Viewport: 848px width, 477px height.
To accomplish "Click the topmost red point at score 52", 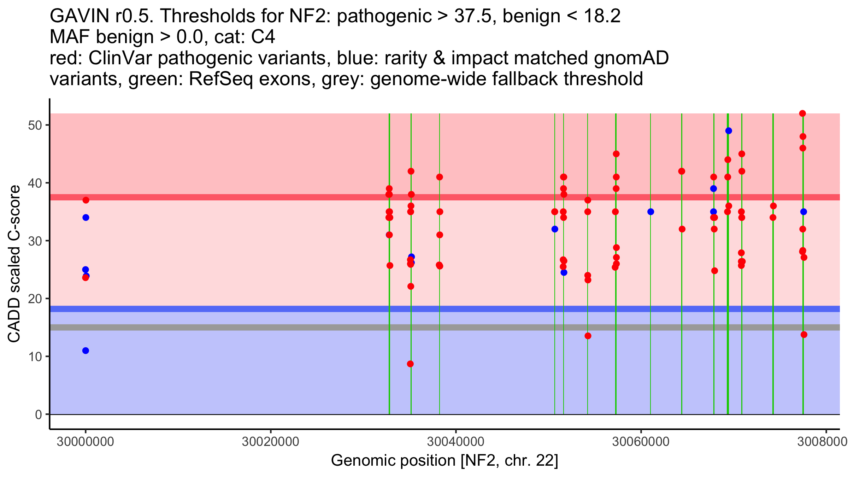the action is coord(802,113).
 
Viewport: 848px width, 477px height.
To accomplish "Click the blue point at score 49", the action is coord(729,131).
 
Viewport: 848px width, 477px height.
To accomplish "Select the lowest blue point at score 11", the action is coord(86,351).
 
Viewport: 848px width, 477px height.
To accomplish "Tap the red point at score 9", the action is coord(410,364).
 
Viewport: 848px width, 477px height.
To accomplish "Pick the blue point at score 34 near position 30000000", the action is coord(86,218).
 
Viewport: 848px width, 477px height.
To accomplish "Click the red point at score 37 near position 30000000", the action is coord(86,200).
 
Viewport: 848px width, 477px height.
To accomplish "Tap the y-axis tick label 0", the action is coord(39,414).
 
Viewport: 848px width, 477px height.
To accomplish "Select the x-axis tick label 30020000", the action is coord(270,442).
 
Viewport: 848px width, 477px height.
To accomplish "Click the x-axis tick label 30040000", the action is coord(456,442).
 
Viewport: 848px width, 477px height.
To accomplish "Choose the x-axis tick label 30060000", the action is coord(641,442).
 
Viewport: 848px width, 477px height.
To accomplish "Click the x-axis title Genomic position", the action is coord(393,461).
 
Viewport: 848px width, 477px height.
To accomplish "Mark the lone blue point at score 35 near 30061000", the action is coord(650,212).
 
